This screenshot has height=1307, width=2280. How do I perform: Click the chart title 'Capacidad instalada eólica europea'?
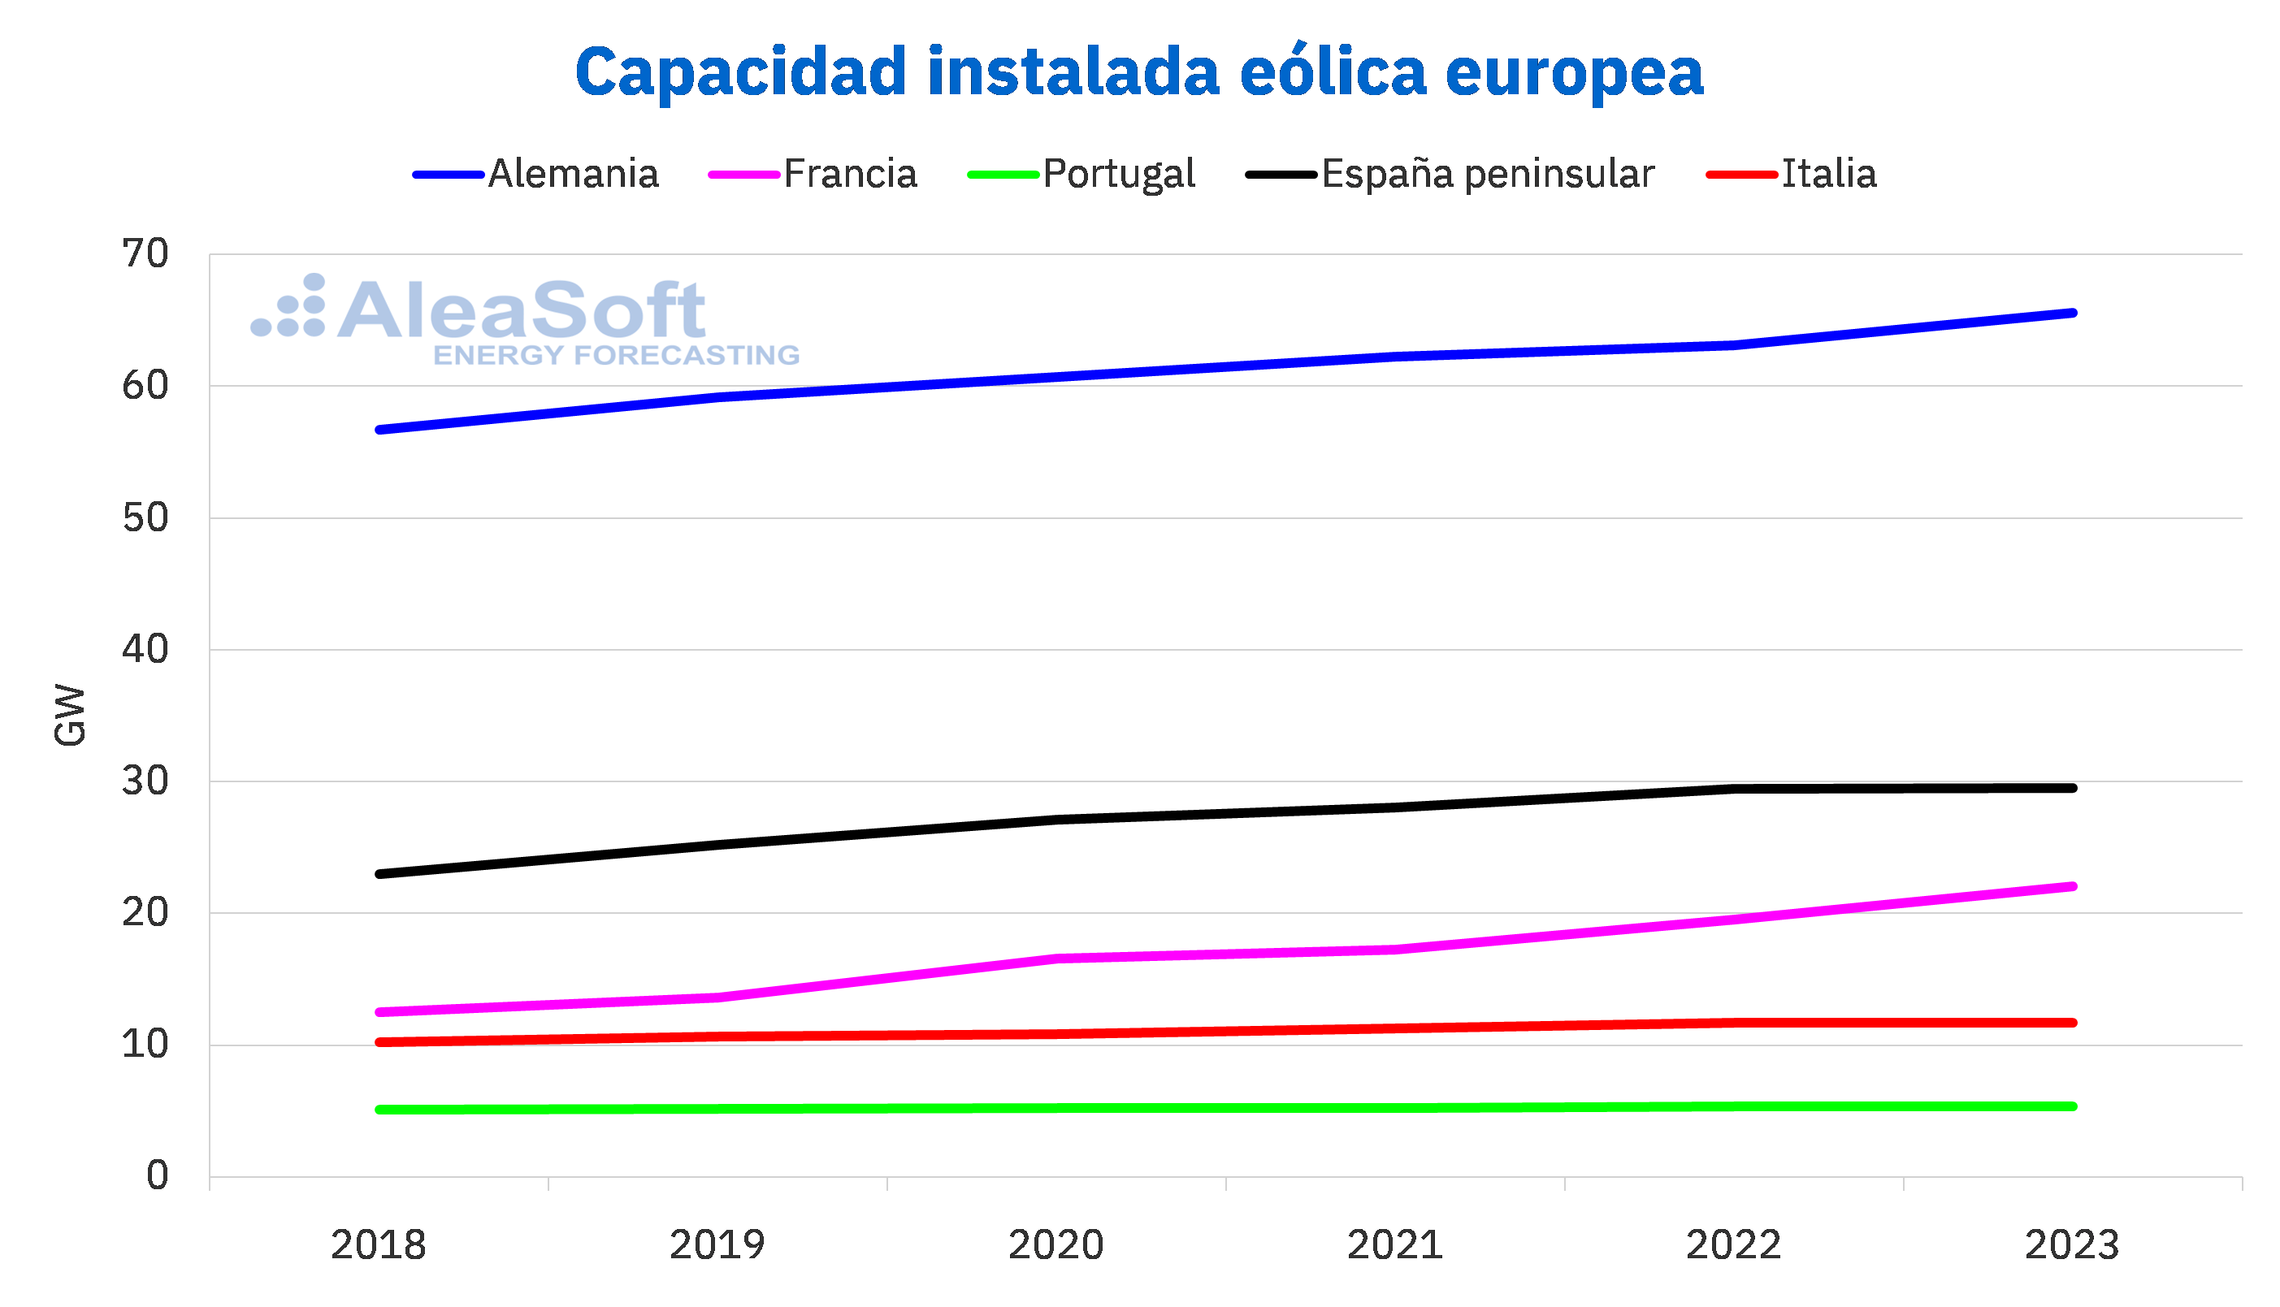point(1138,71)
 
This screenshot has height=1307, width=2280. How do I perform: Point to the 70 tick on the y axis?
point(145,255)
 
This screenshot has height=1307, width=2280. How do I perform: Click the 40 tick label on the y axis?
point(145,650)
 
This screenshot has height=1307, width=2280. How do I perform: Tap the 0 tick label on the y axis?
point(157,1176)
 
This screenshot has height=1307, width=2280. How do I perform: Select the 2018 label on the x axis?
point(378,1245)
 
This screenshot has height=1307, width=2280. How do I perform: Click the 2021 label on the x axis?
point(1394,1245)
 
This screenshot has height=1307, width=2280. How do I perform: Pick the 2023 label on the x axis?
point(2072,1245)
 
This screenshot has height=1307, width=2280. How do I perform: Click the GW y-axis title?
point(70,716)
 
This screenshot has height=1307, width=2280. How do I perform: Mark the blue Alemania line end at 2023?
point(2072,314)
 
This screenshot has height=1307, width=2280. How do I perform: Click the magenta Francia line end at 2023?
point(2072,887)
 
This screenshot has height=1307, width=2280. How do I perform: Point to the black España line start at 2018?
point(379,873)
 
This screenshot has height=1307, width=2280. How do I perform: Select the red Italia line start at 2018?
point(379,1042)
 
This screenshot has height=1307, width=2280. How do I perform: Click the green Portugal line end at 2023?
point(2072,1107)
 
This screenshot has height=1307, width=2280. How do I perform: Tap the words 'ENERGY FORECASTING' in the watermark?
point(616,356)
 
